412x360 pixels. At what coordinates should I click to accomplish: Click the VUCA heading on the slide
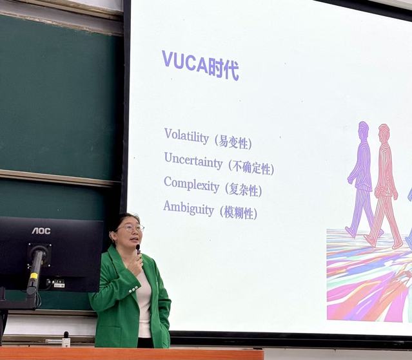pos(201,65)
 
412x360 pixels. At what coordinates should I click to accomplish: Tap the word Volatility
pos(186,137)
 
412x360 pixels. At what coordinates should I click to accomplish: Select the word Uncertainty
pos(193,160)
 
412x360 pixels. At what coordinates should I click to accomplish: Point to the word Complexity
pos(191,185)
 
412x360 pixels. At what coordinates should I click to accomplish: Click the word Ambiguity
pos(189,209)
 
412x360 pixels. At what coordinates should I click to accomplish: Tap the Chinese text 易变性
pos(233,143)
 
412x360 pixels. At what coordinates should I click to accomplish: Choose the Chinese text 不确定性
pos(251,167)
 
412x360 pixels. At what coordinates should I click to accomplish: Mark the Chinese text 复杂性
pos(244,190)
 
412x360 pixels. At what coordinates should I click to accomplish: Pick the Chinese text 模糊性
pos(239,213)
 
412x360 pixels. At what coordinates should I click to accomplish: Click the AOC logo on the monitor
pos(41,231)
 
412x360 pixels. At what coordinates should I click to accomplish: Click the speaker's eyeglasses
pos(131,228)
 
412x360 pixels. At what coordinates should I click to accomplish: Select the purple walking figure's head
pos(364,130)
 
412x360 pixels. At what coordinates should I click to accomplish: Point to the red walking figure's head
pos(384,133)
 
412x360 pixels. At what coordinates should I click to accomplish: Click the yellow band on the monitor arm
pos(34,276)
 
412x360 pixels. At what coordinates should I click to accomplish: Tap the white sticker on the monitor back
pos(59,284)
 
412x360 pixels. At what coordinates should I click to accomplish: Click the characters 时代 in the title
pos(224,70)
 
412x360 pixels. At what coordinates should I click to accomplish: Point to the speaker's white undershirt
pos(144,302)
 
